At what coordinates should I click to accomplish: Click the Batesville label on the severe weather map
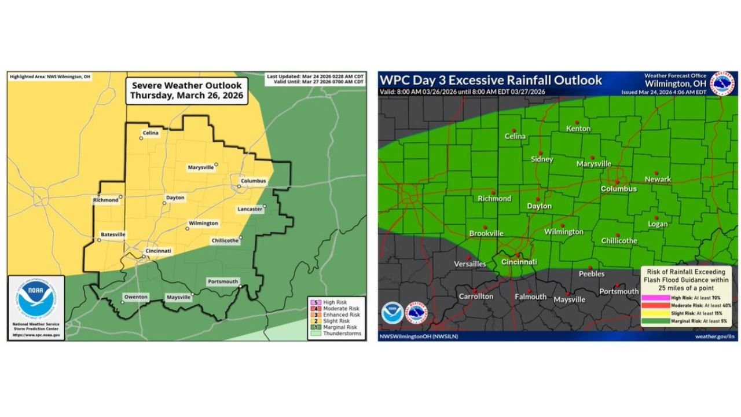[x=113, y=235]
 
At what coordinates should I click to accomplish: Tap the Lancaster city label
[x=250, y=209]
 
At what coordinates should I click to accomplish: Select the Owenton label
[x=135, y=297]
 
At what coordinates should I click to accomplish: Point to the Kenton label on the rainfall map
[x=578, y=129]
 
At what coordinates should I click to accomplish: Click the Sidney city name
[x=542, y=159]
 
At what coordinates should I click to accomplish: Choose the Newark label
[x=658, y=180]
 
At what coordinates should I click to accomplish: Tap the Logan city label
[x=658, y=224]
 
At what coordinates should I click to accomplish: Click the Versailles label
[x=470, y=264]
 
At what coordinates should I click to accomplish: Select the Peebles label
[x=592, y=274]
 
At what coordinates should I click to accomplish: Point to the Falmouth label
[x=530, y=297]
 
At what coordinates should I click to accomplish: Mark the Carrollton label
[x=476, y=297]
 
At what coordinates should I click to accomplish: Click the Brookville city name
[x=486, y=233]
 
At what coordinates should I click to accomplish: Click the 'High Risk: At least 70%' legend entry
[x=686, y=296]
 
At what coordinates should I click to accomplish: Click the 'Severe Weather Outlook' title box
[x=186, y=90]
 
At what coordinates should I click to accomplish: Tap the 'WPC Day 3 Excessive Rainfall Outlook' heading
[x=491, y=81]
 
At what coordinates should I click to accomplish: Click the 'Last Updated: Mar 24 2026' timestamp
[x=316, y=76]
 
